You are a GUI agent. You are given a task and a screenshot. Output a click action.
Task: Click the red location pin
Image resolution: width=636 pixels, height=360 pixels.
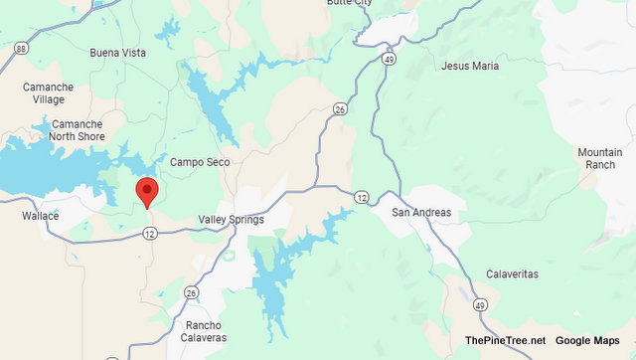pos(146,190)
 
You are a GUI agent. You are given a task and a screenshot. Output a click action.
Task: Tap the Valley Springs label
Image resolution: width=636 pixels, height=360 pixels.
pos(231,220)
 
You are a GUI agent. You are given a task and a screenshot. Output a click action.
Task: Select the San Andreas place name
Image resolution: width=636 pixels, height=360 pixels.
pos(421,213)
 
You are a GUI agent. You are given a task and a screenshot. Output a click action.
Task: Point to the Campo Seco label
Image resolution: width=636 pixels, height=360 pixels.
pos(200,162)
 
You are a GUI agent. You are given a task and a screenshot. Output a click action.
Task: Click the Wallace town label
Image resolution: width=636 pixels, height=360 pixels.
pos(41,216)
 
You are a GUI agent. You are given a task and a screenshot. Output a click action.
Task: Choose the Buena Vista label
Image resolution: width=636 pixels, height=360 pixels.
pos(117,53)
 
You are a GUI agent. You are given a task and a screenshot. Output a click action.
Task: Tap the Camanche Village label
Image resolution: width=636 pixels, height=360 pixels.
pos(48,93)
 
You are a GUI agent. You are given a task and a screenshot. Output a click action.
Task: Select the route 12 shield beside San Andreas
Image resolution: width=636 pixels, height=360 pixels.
pos(362,197)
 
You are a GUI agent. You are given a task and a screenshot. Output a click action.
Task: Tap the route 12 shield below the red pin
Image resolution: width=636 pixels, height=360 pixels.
pos(149,234)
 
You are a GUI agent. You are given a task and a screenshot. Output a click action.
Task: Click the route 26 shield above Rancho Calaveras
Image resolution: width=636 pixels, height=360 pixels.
pos(190,292)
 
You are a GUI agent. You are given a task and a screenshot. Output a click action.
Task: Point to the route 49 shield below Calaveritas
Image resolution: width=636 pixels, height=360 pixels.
pos(479,305)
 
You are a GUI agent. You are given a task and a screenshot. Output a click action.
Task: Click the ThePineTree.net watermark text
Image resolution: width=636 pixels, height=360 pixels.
pos(504,341)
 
